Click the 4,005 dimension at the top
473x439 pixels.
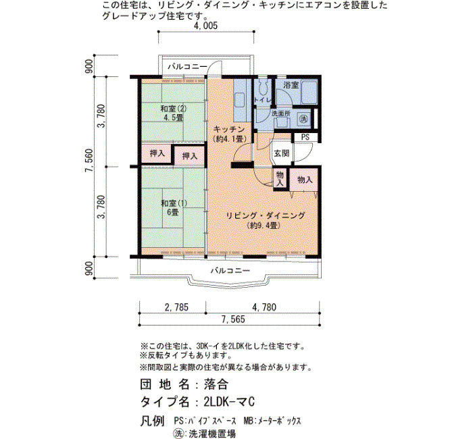[x=205, y=26]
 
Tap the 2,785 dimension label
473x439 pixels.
[x=176, y=307]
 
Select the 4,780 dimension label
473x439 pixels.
[x=264, y=307]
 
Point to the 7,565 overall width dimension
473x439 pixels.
[x=233, y=319]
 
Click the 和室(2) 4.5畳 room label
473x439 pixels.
[x=173, y=113]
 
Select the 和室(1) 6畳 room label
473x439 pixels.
[x=174, y=208]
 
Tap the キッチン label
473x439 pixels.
[x=229, y=130]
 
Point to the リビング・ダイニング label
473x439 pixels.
[x=266, y=215]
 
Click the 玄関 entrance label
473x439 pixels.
[x=282, y=153]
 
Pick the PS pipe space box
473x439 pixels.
[x=305, y=137]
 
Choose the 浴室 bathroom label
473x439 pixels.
[x=291, y=85]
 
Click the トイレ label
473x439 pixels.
[x=263, y=100]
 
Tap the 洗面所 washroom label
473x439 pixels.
[x=281, y=113]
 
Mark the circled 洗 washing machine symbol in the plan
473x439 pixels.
[x=303, y=118]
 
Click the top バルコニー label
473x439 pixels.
[x=187, y=67]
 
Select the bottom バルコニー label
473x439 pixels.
[x=230, y=270]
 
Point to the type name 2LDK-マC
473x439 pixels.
[x=229, y=402]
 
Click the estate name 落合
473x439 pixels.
[x=216, y=384]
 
